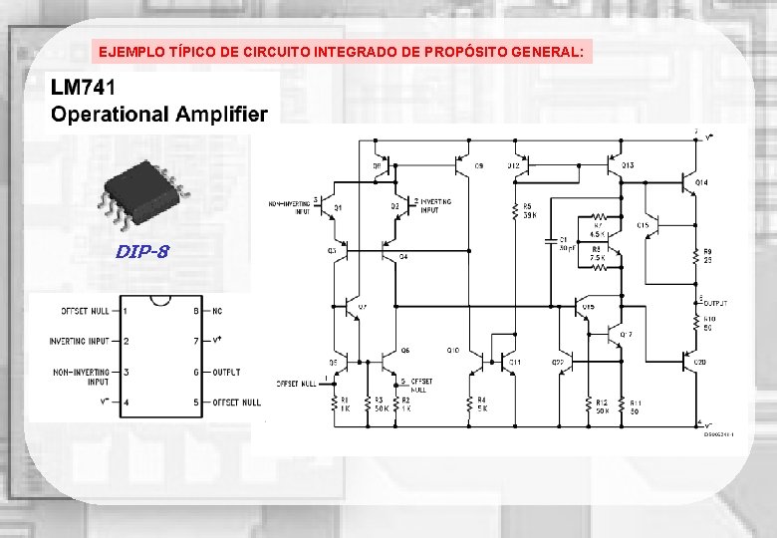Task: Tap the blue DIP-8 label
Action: click(x=141, y=251)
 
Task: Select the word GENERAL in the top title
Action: click(x=549, y=51)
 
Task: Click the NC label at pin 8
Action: click(x=217, y=310)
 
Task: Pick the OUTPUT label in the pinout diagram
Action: click(x=226, y=372)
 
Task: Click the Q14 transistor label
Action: click(x=701, y=183)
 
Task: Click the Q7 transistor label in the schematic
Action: click(x=363, y=307)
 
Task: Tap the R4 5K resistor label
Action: click(x=481, y=403)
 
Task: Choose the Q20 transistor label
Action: click(x=700, y=362)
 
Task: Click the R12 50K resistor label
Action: click(x=602, y=405)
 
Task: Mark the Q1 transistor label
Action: click(x=338, y=207)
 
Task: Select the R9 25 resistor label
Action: click(x=707, y=254)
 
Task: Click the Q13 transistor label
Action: click(x=628, y=164)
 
